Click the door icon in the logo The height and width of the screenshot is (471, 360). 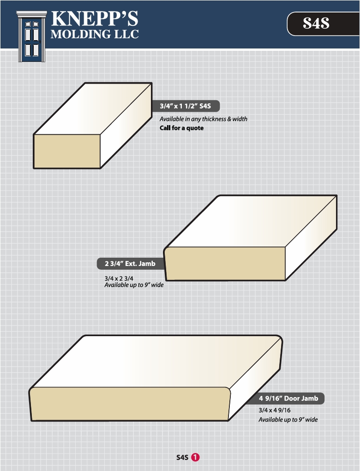pyautogui.click(x=31, y=36)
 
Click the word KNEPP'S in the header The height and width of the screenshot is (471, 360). pyautogui.click(x=95, y=18)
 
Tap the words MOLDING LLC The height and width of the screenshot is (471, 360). pyautogui.click(x=95, y=34)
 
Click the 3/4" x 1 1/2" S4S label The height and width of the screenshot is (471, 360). pyautogui.click(x=185, y=106)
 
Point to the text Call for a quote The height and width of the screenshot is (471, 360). pyautogui.click(x=182, y=128)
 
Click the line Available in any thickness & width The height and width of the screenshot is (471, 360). pyautogui.click(x=204, y=119)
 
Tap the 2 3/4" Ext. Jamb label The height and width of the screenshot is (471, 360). pyautogui.click(x=131, y=264)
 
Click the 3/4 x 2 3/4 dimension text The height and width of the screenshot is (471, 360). pyautogui.click(x=119, y=278)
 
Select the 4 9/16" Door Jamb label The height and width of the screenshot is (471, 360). pyautogui.click(x=288, y=399)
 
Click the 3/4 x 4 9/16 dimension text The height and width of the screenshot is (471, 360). pyautogui.click(x=275, y=411)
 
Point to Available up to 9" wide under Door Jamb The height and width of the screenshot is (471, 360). pyautogui.click(x=288, y=420)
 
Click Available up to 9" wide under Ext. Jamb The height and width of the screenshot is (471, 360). pyautogui.click(x=134, y=285)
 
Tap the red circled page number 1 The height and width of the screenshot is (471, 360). pyautogui.click(x=195, y=458)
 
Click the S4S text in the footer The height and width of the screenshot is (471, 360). pyautogui.click(x=182, y=458)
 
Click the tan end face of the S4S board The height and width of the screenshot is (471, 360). pyautogui.click(x=66, y=151)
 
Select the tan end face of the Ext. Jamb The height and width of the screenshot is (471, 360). pyautogui.click(x=225, y=264)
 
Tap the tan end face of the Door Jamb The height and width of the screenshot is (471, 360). pyautogui.click(x=130, y=404)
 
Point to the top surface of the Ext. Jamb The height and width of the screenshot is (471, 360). pyautogui.click(x=251, y=221)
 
